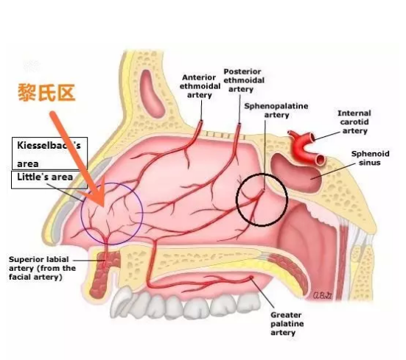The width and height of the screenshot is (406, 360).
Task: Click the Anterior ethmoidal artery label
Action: click(200, 86)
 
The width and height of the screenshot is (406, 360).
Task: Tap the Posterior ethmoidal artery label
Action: click(244, 80)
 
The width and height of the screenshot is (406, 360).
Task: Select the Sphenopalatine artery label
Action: click(276, 110)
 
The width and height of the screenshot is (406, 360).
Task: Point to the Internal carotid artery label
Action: click(354, 121)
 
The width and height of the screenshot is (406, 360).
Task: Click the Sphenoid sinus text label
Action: click(370, 158)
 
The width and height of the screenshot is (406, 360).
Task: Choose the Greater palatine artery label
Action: click(287, 323)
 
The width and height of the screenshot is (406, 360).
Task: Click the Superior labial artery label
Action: click(42, 268)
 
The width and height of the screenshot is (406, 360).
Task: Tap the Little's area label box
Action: click(49, 180)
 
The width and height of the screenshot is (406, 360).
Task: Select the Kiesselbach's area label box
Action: click(49, 153)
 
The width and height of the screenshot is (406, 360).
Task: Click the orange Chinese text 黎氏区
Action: click(46, 93)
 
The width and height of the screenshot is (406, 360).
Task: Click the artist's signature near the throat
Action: click(322, 295)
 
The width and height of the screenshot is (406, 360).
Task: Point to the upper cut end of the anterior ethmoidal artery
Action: click(201, 121)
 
